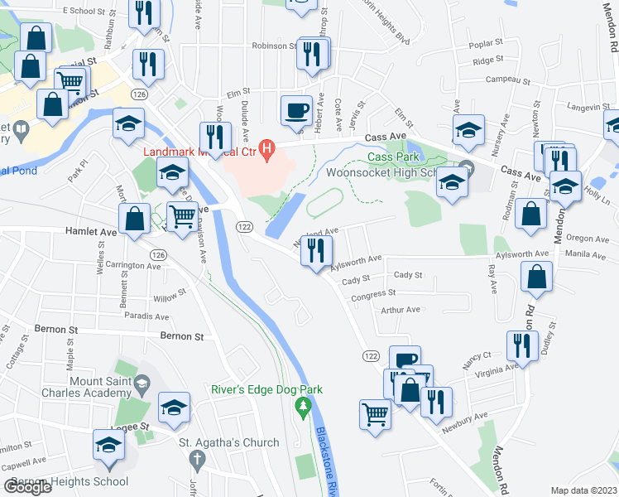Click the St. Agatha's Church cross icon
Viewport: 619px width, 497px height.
(197, 458)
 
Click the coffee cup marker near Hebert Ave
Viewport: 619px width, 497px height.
(296, 110)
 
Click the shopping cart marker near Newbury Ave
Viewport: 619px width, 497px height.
(376, 414)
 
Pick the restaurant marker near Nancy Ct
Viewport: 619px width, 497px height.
(522, 345)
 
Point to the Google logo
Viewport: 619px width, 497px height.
(27, 487)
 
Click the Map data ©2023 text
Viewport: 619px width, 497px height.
(584, 490)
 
